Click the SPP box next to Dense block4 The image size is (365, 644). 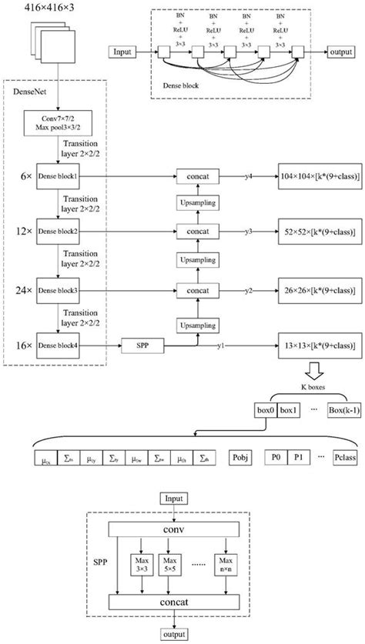click(142, 346)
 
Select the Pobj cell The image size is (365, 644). click(239, 458)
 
